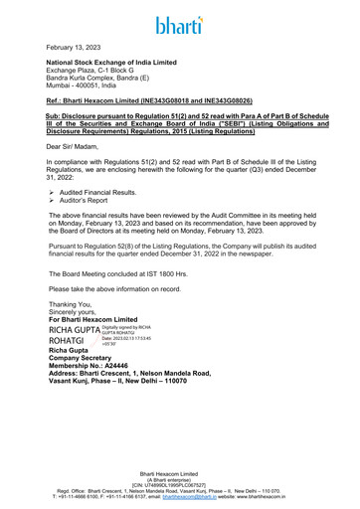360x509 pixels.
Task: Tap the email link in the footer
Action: (227, 497)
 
